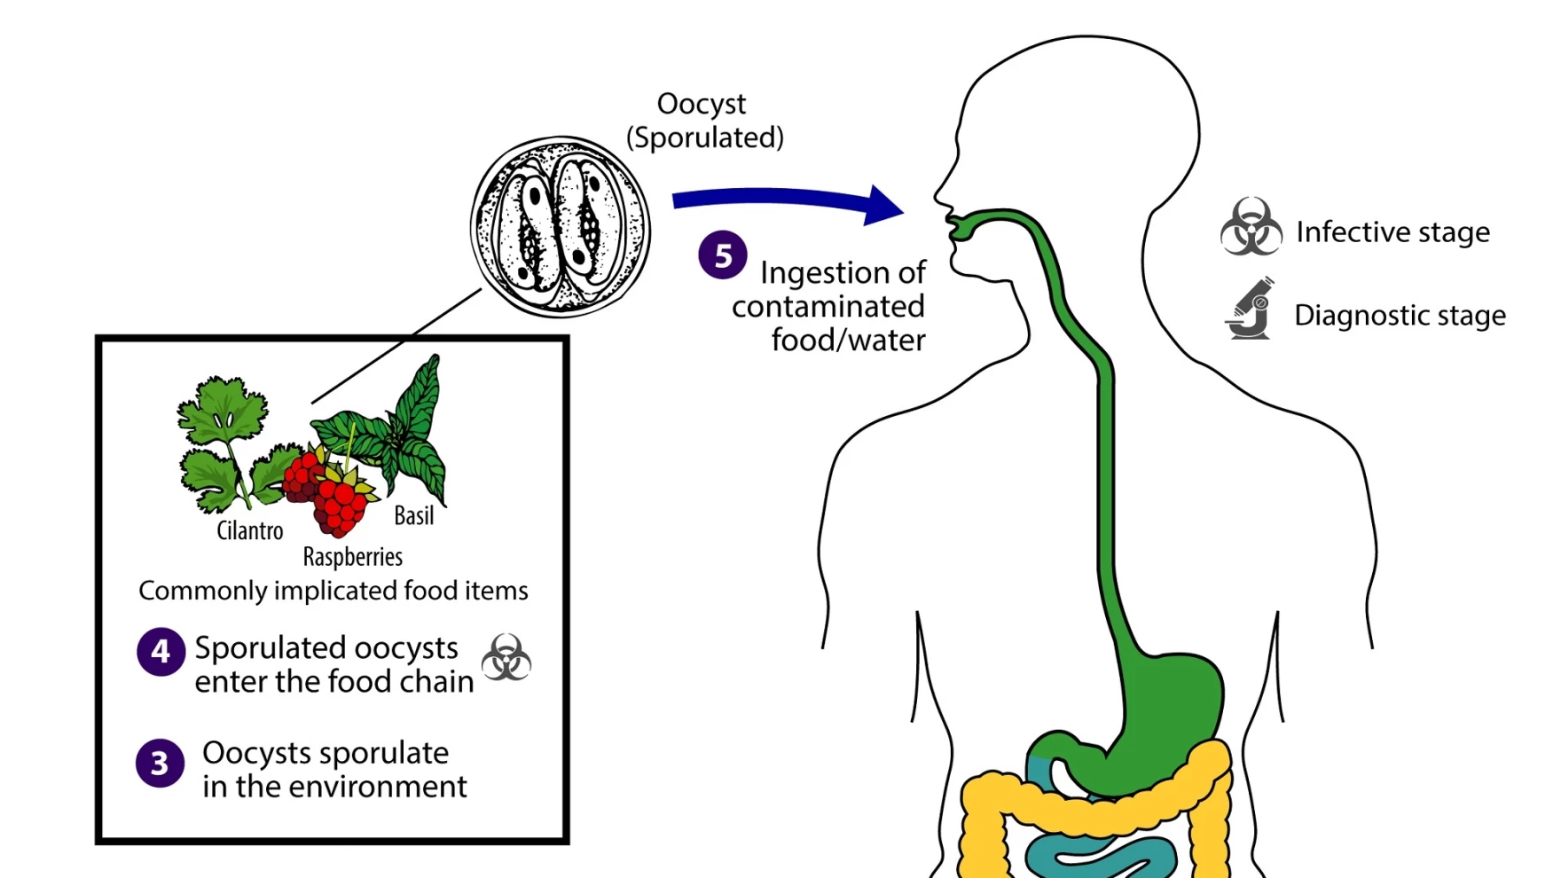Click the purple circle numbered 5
pos(722,255)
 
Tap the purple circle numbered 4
pos(161,652)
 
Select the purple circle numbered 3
pos(160,763)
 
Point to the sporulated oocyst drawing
pos(561,227)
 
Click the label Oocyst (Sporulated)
pos(704,121)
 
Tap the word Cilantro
pos(250,530)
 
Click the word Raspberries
pos(352,557)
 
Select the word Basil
pos(413,515)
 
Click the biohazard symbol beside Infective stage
pos(1251,227)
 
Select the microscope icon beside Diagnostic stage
pos(1251,309)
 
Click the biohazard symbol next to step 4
pos(506,657)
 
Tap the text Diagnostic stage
pos(1400,315)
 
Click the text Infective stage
pos(1392,231)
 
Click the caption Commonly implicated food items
pos(333,591)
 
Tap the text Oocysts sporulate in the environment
pos(334,769)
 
